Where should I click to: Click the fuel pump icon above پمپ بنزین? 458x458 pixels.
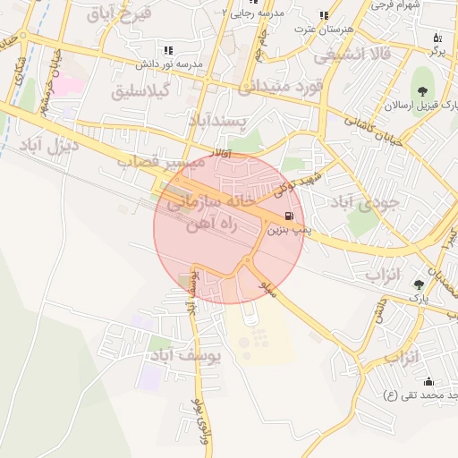287,216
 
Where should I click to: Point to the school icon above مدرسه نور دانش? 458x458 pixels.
167,51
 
